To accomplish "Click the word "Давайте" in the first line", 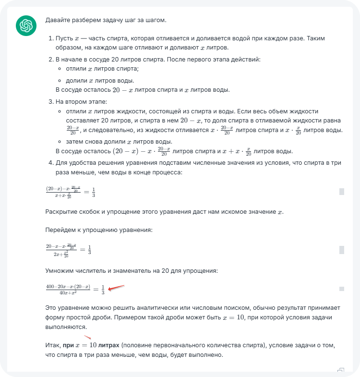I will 57,21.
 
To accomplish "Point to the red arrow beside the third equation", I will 116,288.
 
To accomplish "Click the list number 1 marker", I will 51,38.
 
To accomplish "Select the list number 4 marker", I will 51,163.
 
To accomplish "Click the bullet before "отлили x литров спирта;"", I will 61,69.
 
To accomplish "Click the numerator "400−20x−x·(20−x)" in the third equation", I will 68,286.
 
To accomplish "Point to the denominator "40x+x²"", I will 68,292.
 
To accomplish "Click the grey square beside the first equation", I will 342,192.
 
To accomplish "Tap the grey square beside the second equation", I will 342,250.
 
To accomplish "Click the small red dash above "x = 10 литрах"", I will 87,337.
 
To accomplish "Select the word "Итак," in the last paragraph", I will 53,346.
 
